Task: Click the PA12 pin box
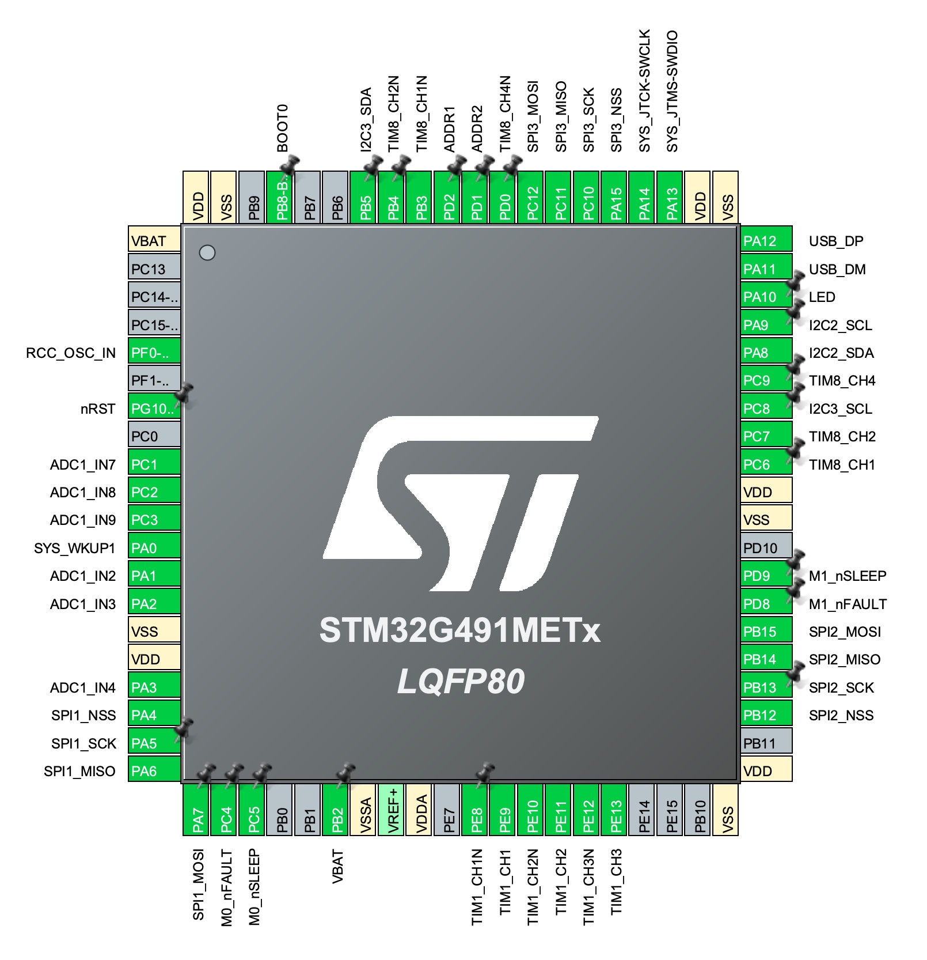tap(766, 241)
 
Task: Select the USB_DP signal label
tap(836, 241)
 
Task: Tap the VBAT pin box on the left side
tap(154, 241)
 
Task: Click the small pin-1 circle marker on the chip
tap(207, 252)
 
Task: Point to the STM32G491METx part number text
tap(459, 630)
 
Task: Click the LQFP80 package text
tap(461, 681)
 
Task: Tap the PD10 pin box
tap(766, 548)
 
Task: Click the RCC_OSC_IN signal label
tap(71, 353)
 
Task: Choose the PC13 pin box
tap(154, 269)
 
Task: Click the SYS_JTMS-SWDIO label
tap(672, 91)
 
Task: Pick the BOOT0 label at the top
tap(282, 128)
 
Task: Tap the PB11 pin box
tap(766, 743)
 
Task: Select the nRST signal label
tap(98, 409)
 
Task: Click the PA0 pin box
tap(154, 548)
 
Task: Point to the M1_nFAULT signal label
tap(848, 604)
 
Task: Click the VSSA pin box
tap(366, 809)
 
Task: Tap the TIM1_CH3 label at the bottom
tap(616, 882)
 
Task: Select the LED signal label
tap(822, 297)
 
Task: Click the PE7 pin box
tap(449, 809)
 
